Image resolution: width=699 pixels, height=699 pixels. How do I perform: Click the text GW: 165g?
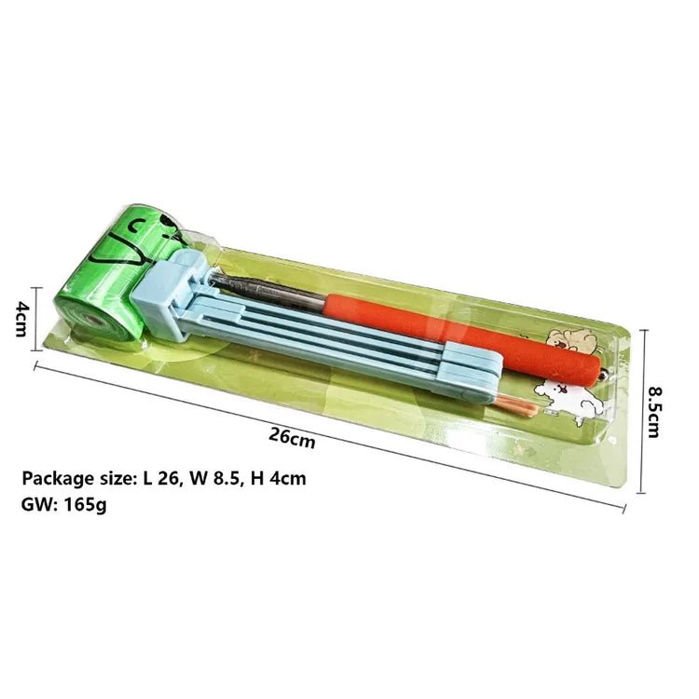[63, 504]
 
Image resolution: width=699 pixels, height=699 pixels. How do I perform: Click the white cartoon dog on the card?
[569, 400]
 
